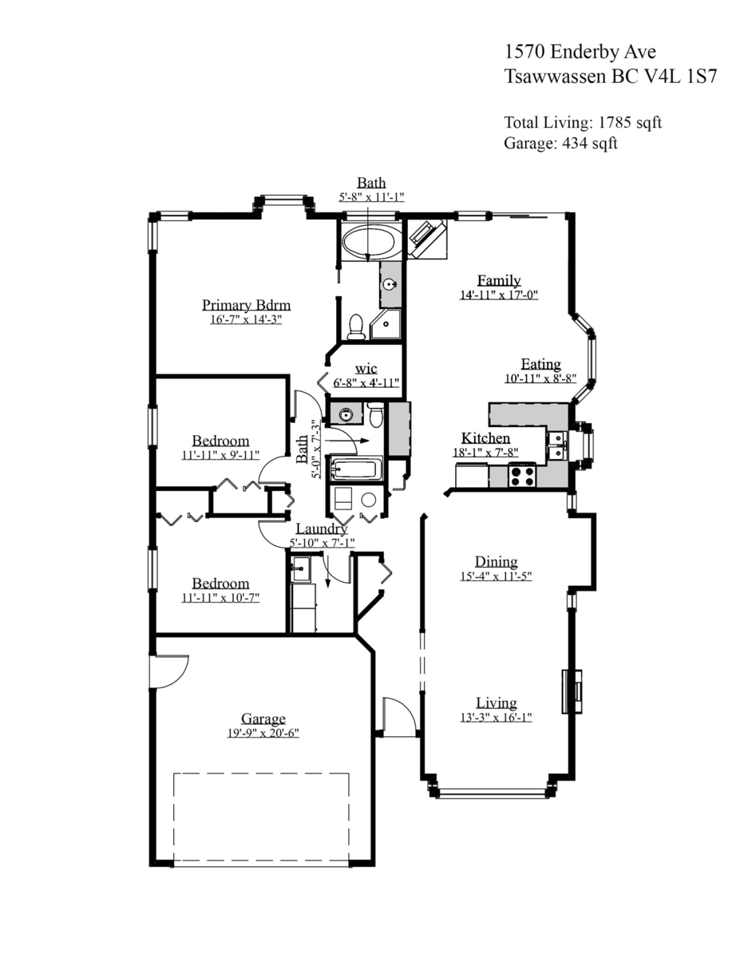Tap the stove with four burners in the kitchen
(522, 475)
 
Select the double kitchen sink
(556, 445)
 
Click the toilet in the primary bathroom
(356, 327)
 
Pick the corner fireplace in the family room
(429, 238)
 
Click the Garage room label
(263, 718)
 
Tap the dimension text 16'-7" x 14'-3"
(246, 319)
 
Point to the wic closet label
(366, 369)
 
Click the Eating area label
(540, 364)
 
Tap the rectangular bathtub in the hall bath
(356, 469)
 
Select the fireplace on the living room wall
(572, 691)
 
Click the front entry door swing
(398, 716)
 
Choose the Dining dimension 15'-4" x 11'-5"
(496, 576)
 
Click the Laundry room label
(321, 528)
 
